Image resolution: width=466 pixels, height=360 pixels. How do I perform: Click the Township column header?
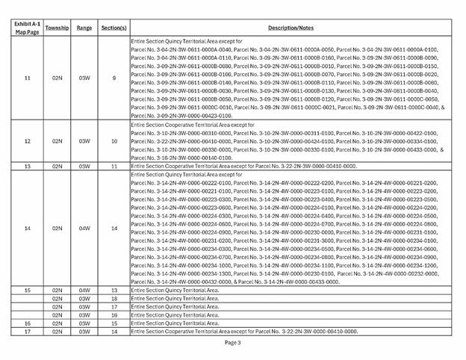click(57, 28)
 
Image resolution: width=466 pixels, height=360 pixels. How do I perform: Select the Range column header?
click(84, 28)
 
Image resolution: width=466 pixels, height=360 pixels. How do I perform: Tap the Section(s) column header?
click(114, 28)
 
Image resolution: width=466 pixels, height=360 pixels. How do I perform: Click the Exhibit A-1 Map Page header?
click(28, 28)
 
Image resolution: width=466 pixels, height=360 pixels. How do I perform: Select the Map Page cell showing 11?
click(28, 78)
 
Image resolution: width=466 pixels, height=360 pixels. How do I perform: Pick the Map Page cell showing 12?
click(28, 140)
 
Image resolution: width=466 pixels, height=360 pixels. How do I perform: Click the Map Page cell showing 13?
click(28, 166)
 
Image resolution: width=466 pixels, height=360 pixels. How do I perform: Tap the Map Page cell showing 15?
click(28, 289)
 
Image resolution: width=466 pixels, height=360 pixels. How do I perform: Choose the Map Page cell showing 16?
click(28, 323)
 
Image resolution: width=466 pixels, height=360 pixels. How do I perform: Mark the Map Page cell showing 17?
click(28, 331)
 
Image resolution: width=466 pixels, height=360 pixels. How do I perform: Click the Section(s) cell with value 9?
click(114, 78)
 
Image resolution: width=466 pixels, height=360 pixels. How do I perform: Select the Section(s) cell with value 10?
click(114, 140)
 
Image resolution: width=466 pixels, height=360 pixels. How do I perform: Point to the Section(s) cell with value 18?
click(114, 297)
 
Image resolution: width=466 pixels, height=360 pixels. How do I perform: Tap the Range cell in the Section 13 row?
click(84, 289)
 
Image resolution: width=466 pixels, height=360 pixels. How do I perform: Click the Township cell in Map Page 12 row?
click(57, 140)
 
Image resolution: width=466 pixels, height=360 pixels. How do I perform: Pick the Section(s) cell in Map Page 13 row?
click(114, 166)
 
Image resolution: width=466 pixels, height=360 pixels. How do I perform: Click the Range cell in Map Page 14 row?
click(84, 228)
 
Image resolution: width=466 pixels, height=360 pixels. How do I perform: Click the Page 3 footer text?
click(232, 343)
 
